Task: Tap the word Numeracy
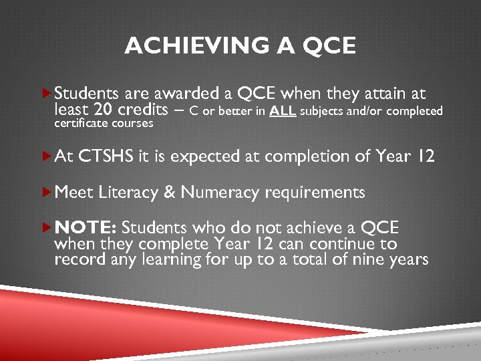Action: [x=220, y=193]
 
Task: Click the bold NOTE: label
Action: [x=86, y=227]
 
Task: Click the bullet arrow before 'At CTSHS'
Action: [x=46, y=157]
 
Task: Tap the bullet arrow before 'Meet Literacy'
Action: [x=46, y=193]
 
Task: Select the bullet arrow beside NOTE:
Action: [x=46, y=227]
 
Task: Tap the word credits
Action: [x=143, y=110]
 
